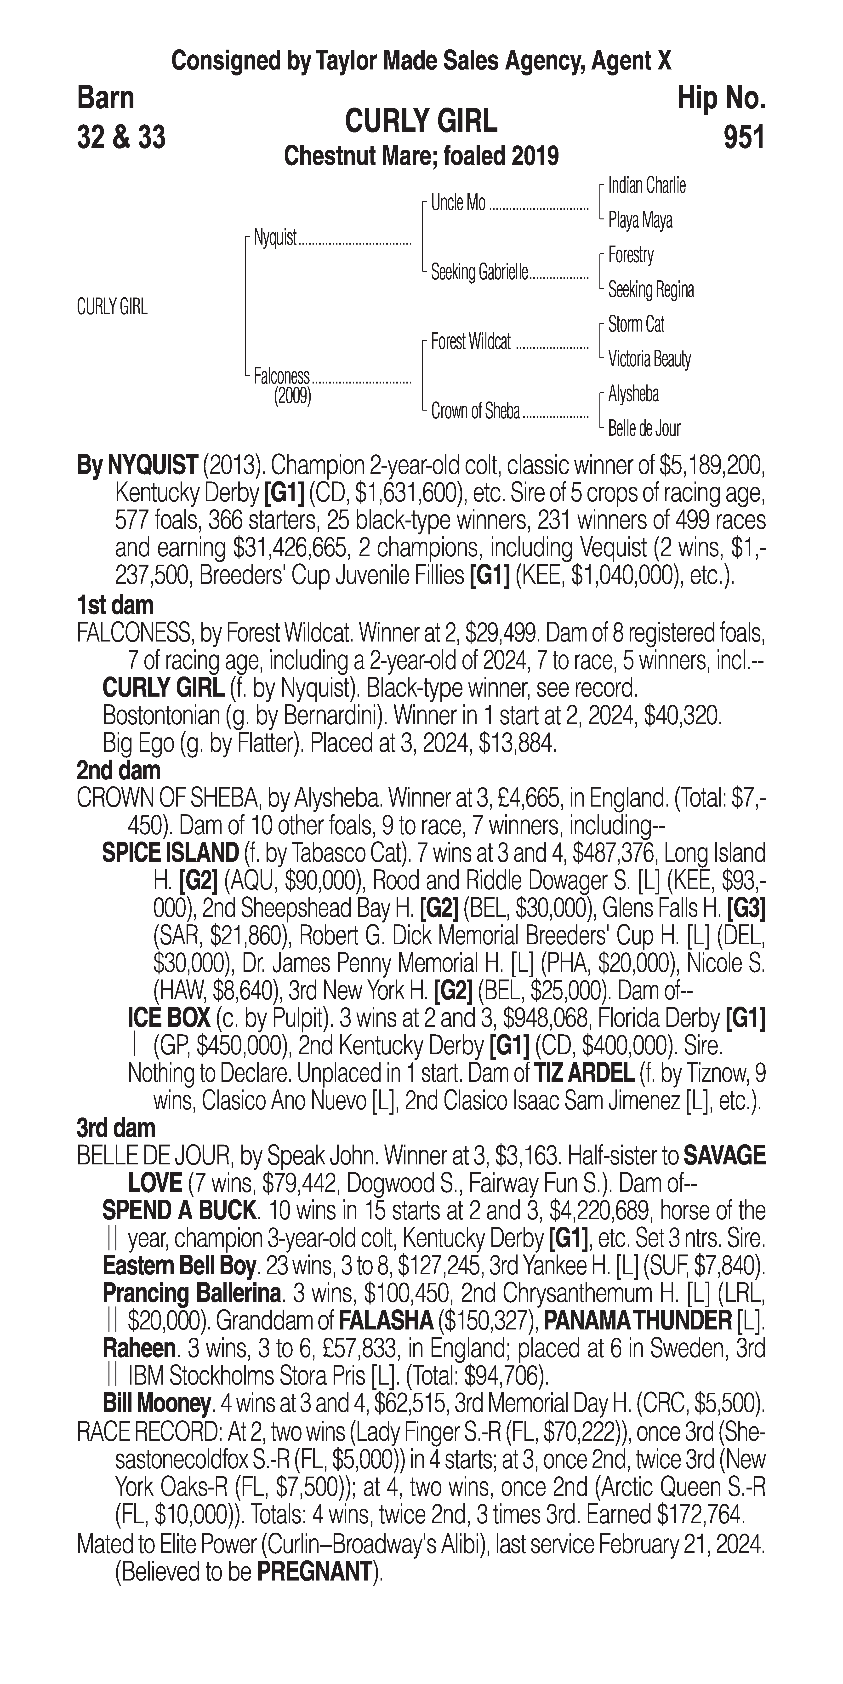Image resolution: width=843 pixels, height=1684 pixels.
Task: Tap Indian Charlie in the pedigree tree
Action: click(646, 186)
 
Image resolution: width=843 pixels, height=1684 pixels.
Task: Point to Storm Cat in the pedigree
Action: click(636, 324)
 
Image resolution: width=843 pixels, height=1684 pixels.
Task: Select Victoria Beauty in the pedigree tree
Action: click(649, 359)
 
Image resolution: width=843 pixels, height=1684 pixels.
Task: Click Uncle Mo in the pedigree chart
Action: click(458, 203)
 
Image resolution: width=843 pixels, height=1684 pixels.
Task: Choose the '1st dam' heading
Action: click(115, 605)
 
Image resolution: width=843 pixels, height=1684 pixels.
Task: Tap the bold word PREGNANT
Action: click(314, 1572)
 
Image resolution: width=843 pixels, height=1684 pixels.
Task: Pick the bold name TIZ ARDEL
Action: click(584, 1073)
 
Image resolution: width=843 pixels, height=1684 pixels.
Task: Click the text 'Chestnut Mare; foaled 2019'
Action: click(421, 156)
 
